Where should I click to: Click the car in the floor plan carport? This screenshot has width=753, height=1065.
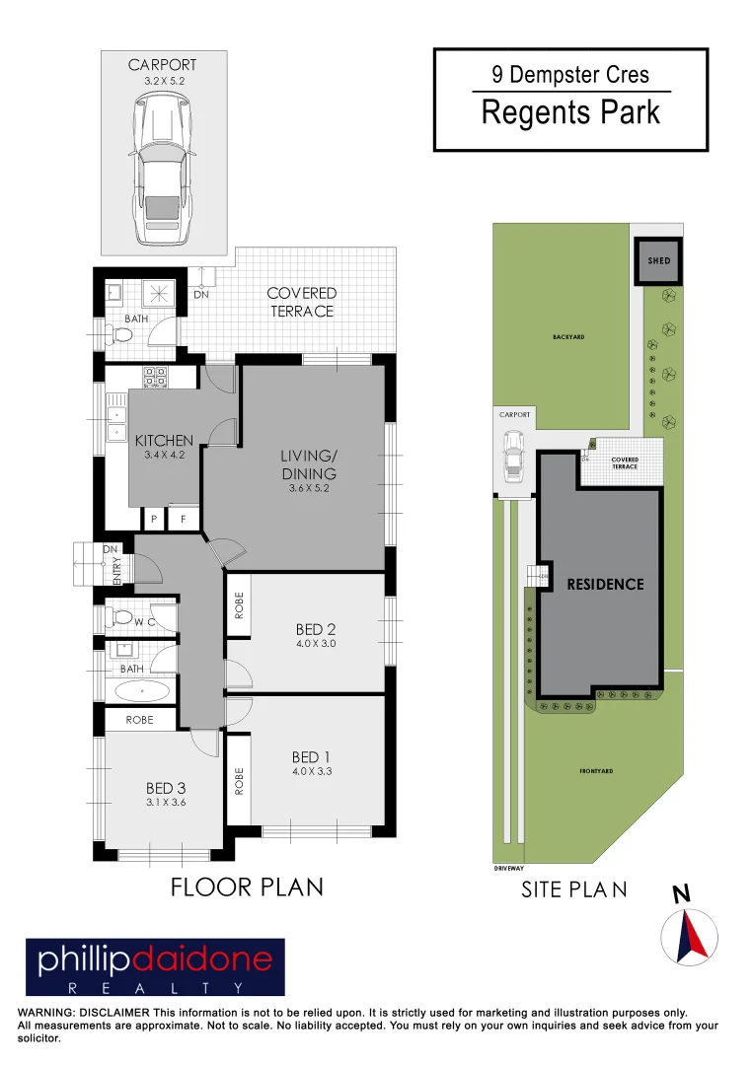tap(158, 177)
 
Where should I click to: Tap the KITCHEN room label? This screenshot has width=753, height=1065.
tap(164, 441)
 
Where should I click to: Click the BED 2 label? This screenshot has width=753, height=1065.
tap(317, 629)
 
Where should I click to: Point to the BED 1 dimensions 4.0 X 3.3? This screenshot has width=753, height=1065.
tap(312, 772)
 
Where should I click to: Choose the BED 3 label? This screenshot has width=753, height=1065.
tap(166, 788)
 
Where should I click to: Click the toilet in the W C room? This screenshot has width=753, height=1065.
tap(120, 617)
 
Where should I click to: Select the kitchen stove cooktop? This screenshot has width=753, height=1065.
tap(155, 376)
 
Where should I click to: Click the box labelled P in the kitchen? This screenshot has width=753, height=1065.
tap(154, 519)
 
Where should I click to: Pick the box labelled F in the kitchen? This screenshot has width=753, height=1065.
tap(183, 519)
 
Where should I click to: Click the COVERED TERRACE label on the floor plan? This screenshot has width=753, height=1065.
tap(302, 302)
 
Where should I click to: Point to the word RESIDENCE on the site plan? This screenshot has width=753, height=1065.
tap(605, 584)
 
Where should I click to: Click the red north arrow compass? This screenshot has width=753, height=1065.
tap(689, 935)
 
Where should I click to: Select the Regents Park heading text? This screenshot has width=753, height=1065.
tap(570, 112)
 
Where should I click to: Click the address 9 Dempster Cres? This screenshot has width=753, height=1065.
tap(570, 74)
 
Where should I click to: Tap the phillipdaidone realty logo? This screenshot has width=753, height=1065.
tap(154, 967)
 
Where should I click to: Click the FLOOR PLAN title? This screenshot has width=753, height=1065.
tap(247, 887)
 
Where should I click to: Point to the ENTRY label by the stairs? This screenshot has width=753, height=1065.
tap(117, 572)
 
